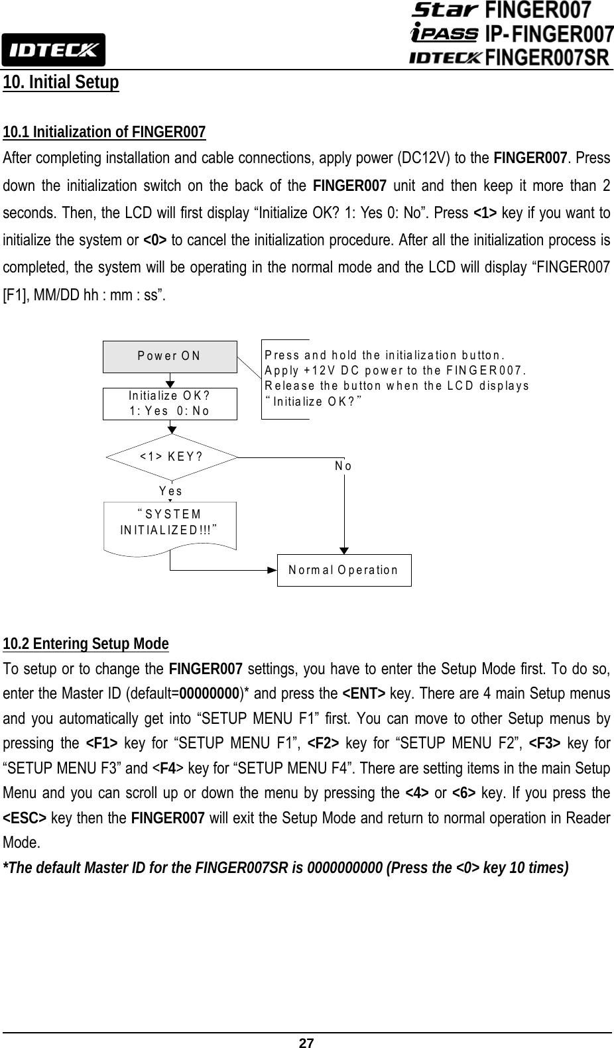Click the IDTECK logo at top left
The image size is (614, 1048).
click(x=52, y=49)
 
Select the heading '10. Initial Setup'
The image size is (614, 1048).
click(x=61, y=83)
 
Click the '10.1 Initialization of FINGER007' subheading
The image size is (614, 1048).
click(x=104, y=131)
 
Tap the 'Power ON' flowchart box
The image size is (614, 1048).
click(x=170, y=356)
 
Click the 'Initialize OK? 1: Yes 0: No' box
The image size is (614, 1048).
click(x=170, y=404)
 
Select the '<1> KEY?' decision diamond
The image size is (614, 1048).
click(x=171, y=457)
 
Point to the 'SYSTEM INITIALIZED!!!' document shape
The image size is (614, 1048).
click(x=170, y=524)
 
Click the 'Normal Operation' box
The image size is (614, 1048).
click(x=343, y=570)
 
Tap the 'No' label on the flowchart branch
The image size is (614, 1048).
click(x=343, y=466)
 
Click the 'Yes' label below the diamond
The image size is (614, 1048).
click(x=171, y=491)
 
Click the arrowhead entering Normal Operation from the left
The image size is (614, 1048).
click(x=273, y=570)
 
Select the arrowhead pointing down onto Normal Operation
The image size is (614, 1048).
click(x=343, y=550)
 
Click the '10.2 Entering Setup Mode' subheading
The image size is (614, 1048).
click(x=86, y=644)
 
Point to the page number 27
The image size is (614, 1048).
click(x=306, y=1043)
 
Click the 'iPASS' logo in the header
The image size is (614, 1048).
click(x=444, y=32)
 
